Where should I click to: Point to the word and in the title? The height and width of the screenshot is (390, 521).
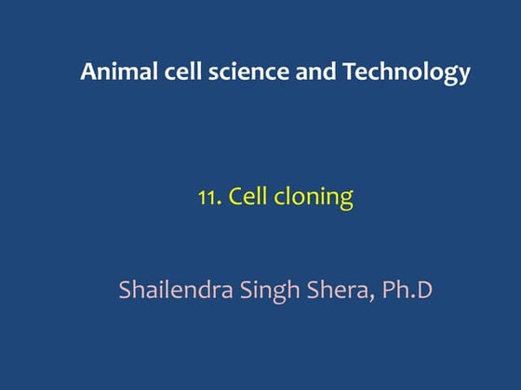click(292, 71)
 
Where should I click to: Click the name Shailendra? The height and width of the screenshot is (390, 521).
click(177, 289)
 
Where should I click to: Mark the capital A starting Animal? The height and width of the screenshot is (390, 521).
click(88, 71)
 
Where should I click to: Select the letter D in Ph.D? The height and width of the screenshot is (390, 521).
click(425, 289)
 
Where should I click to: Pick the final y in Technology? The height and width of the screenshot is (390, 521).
click(463, 75)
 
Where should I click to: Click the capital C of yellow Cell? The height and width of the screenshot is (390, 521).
click(235, 197)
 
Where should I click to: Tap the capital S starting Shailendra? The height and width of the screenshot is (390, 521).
click(127, 289)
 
